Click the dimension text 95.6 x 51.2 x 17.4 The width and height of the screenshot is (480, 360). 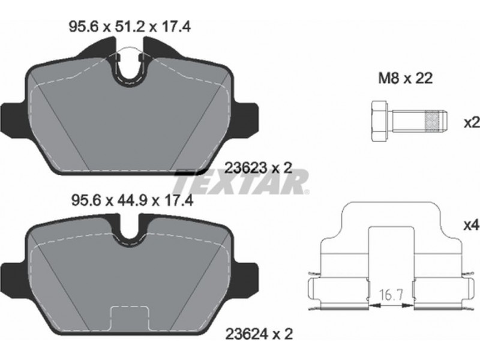[130, 26]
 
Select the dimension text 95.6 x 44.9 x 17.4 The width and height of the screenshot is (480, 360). [132, 201]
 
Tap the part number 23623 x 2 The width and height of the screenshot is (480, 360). [259, 168]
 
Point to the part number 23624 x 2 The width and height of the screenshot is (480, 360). [259, 334]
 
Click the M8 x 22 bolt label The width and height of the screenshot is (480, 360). [406, 79]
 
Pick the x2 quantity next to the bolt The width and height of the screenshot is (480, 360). [472, 123]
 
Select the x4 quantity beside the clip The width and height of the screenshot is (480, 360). [472, 226]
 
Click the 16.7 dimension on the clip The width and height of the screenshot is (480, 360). [389, 296]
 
